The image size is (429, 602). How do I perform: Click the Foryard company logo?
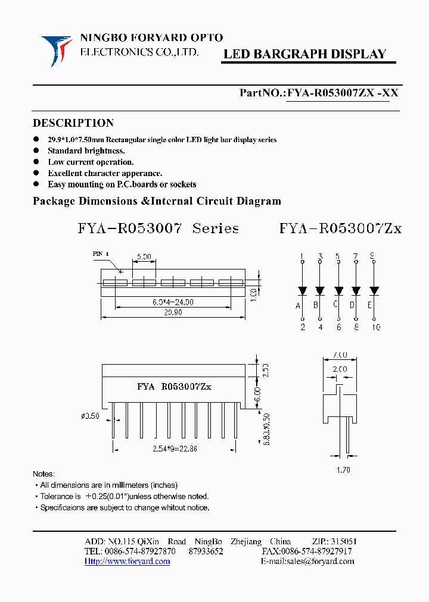(56, 49)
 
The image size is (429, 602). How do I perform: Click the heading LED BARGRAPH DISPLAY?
(304, 54)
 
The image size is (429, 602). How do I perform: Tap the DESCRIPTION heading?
(73, 123)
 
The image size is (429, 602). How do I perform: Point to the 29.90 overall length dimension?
(173, 313)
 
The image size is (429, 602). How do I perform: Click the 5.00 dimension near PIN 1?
(144, 257)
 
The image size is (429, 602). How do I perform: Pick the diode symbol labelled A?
(302, 291)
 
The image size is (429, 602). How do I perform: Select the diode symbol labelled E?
(374, 291)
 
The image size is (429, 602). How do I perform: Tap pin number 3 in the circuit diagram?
(320, 256)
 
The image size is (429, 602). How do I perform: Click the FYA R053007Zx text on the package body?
(174, 387)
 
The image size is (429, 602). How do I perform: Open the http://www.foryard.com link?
(127, 562)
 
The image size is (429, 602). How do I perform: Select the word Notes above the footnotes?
(43, 474)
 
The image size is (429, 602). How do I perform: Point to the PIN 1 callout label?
(101, 253)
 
